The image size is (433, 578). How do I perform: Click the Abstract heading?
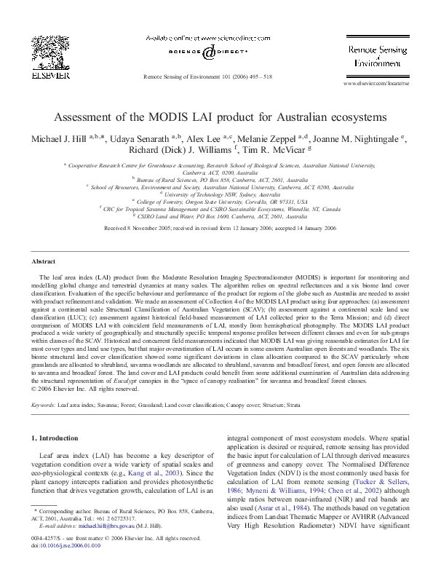point(44,261)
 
